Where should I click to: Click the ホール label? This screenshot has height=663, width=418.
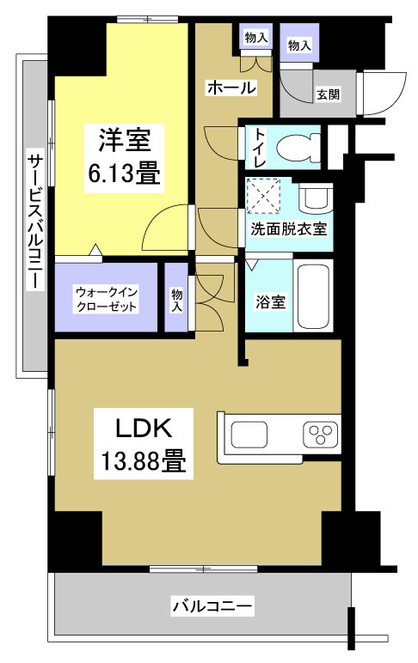231,88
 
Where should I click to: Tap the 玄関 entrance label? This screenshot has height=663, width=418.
327,94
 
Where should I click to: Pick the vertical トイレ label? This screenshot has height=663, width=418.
256,148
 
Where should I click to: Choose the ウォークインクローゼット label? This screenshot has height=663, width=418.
107,297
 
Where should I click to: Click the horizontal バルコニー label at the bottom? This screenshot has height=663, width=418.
212,606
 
